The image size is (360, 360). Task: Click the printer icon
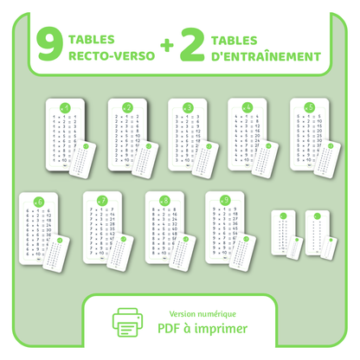pyautogui.click(x=129, y=320)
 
